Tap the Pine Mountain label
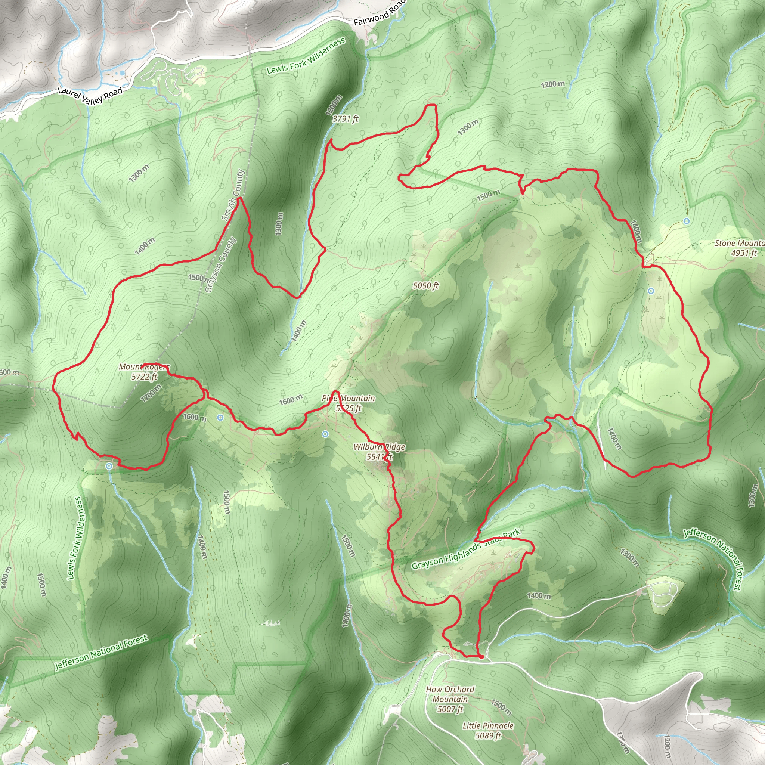click(348, 398)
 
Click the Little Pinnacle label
click(488, 725)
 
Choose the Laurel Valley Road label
click(90, 95)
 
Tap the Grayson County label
click(220, 264)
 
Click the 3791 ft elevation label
click(345, 118)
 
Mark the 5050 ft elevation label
click(426, 285)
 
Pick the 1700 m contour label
click(151, 393)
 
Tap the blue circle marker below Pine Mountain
click(325, 434)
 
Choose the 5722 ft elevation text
click(144, 377)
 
